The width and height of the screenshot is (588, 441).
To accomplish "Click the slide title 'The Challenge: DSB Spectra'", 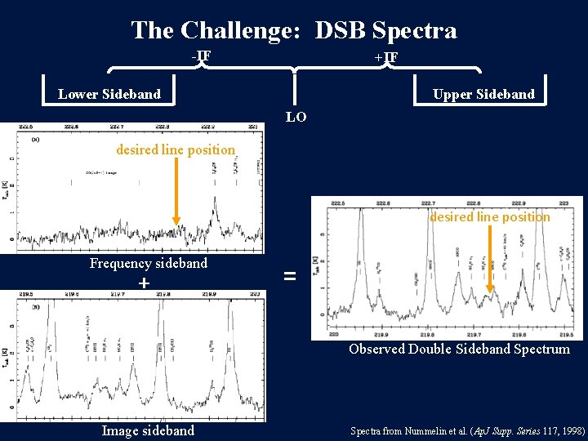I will (x=294, y=30).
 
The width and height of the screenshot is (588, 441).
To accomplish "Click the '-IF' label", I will (x=201, y=56).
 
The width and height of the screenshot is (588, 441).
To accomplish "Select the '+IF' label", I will (x=385, y=57).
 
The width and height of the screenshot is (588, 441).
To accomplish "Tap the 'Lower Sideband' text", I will (x=109, y=94).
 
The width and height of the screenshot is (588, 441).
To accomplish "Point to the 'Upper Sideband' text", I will (x=483, y=94).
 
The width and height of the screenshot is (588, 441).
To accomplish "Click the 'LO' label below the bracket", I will (x=296, y=117).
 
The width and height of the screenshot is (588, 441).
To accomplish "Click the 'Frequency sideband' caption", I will (x=149, y=263).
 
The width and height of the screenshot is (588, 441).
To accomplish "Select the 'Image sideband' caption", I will (x=148, y=430).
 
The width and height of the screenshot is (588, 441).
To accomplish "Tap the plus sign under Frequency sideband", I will (x=144, y=283).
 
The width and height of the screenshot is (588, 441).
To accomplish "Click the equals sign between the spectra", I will (x=289, y=277).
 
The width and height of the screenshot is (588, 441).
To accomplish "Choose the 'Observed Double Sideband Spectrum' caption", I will (x=459, y=349).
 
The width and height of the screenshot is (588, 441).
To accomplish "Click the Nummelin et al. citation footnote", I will (x=468, y=430).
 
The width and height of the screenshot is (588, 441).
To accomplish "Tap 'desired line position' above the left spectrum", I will (x=176, y=150).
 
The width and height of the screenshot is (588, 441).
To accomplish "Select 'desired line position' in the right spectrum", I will (x=490, y=216).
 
